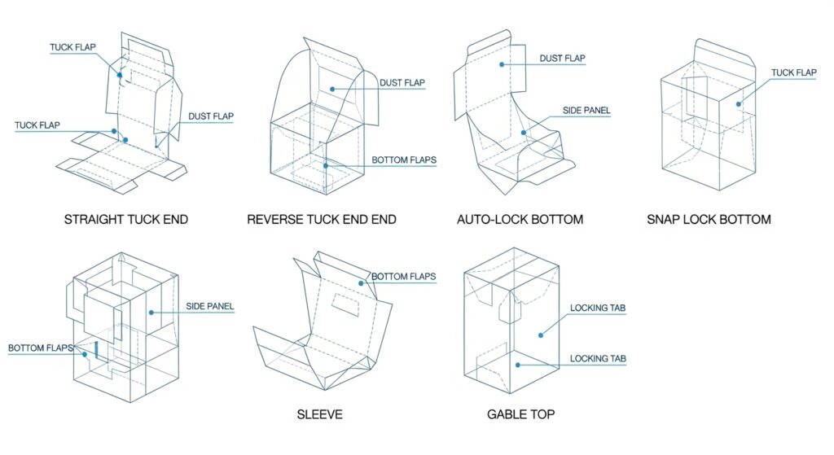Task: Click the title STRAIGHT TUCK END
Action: pos(126,220)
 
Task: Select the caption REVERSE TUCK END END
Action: pos(322,220)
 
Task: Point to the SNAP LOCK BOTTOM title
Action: pos(709,220)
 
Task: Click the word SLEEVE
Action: pos(319,415)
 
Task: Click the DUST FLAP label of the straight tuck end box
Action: pos(211,116)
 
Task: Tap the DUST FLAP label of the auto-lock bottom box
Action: pos(562,58)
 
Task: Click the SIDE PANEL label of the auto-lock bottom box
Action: pos(586,110)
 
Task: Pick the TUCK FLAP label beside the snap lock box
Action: pos(793,73)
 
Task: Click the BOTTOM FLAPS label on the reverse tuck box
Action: pos(404,160)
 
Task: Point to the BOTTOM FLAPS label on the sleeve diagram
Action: pos(403,277)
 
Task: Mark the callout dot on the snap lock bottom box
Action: pos(739,103)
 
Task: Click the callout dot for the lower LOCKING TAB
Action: pos(516,364)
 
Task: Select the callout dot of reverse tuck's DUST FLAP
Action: pos(331,88)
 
